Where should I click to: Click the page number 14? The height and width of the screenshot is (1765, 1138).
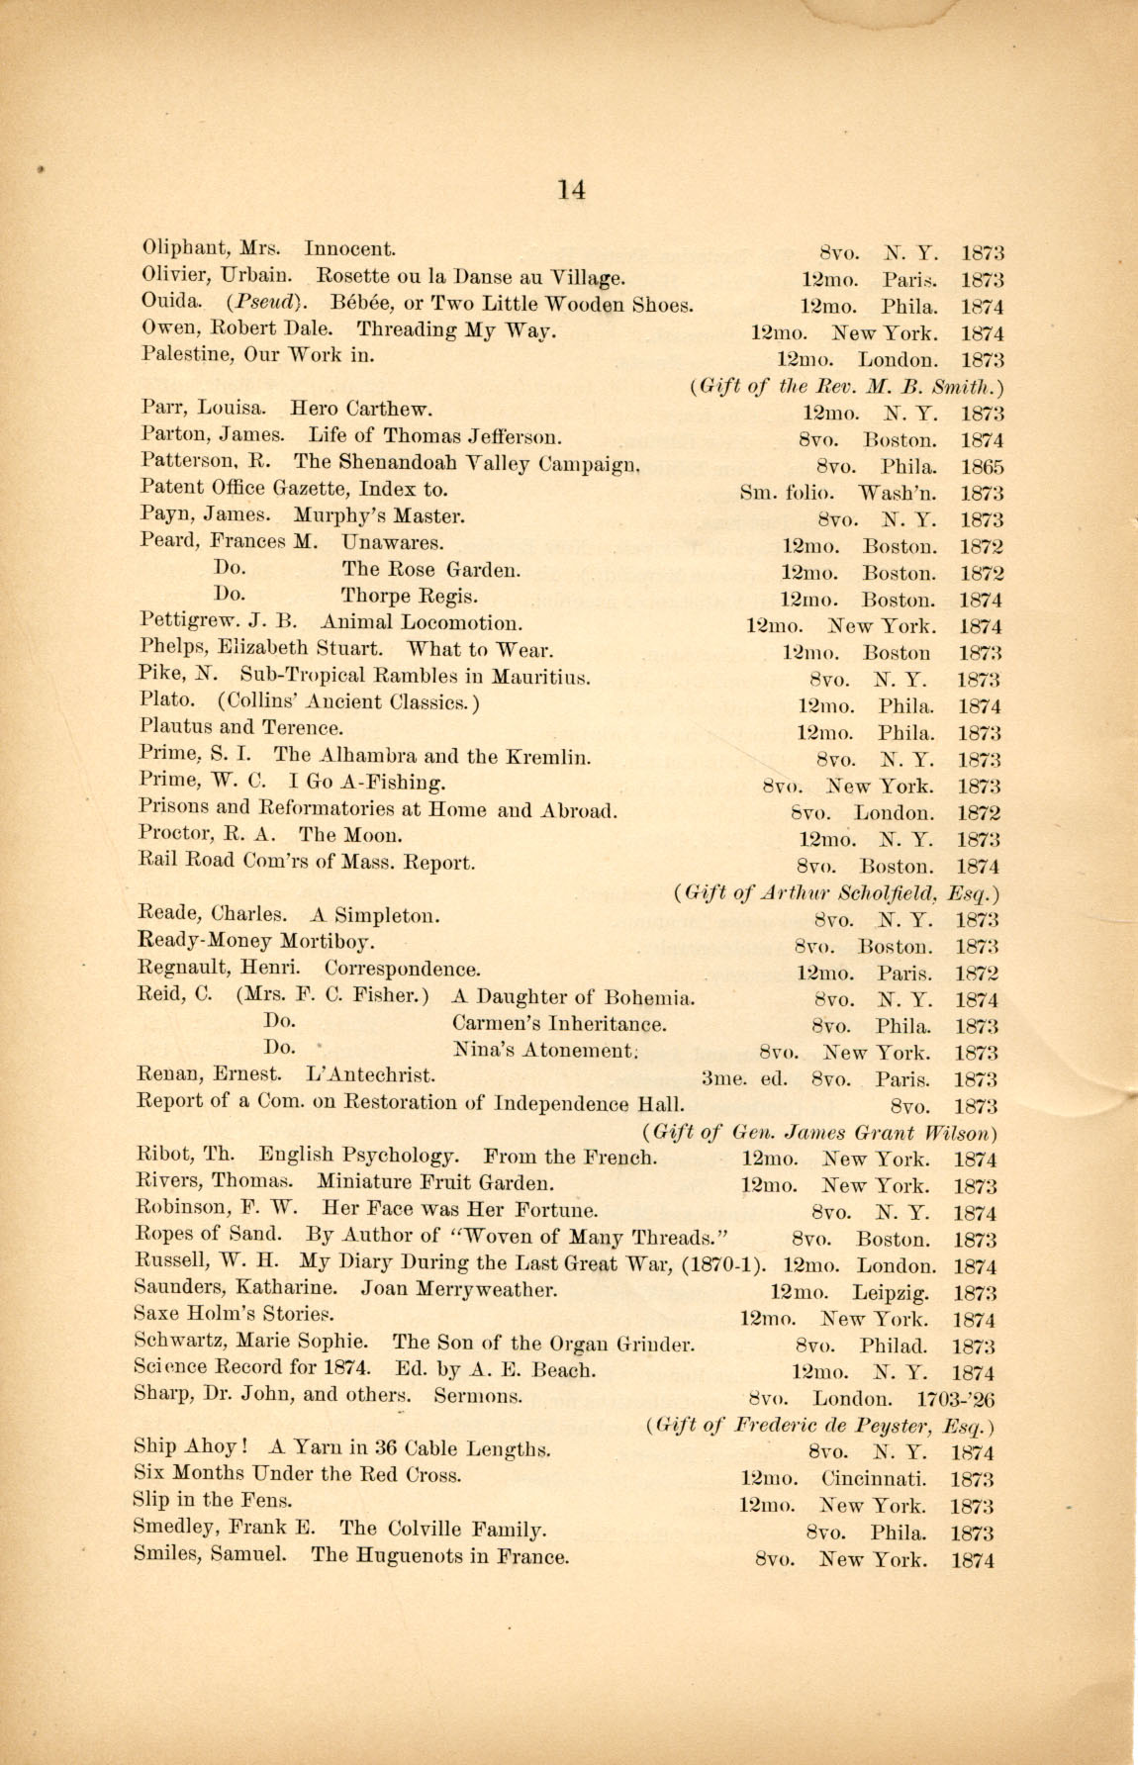pyautogui.click(x=571, y=189)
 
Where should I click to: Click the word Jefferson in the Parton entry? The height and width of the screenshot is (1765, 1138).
pyautogui.click(x=513, y=436)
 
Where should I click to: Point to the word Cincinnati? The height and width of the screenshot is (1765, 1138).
pyautogui.click(x=874, y=1480)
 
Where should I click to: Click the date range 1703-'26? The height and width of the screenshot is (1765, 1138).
pyautogui.click(x=956, y=1400)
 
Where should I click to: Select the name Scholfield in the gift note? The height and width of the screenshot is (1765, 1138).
pyautogui.click(x=885, y=892)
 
